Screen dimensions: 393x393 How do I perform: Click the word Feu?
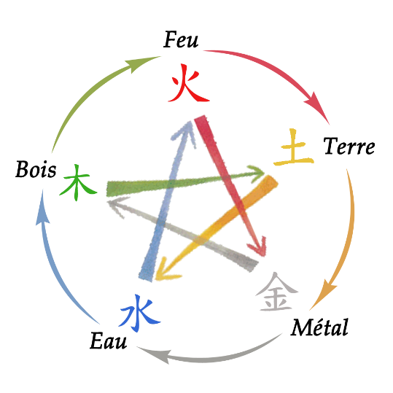click(181, 39)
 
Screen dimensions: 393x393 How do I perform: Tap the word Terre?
click(349, 146)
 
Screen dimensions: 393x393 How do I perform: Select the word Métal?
click(319, 327)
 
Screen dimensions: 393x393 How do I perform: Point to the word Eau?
click(108, 340)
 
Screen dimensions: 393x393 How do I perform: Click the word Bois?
click(36, 169)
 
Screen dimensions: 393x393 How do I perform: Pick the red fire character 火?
click(188, 83)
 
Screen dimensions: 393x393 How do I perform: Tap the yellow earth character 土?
click(294, 147)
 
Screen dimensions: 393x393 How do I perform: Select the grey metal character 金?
click(277, 292)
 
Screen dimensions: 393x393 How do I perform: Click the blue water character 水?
click(139, 313)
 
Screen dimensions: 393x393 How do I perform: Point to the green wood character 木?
click(78, 182)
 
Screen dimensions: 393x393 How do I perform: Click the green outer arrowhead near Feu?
click(141, 63)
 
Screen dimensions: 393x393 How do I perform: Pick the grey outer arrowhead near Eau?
click(154, 354)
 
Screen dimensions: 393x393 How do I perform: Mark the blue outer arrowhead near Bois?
click(42, 208)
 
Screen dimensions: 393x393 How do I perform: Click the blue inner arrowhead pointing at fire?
click(185, 133)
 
